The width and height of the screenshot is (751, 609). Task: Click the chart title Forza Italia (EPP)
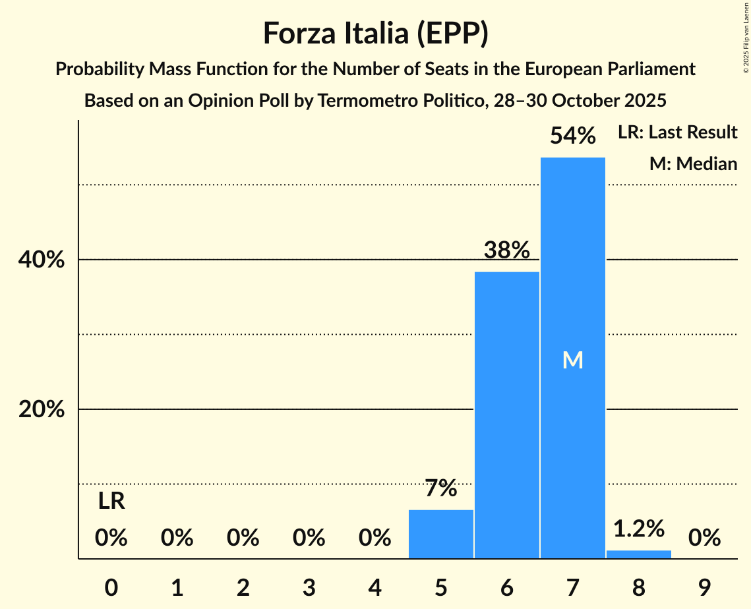(x=375, y=34)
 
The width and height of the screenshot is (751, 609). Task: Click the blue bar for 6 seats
(x=506, y=415)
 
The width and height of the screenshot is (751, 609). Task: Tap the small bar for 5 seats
(x=440, y=534)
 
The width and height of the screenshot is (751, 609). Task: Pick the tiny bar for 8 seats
(x=638, y=554)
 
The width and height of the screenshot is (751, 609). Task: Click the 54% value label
(x=572, y=136)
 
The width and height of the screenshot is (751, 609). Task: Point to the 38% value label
(x=506, y=250)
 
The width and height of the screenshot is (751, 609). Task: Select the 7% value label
(x=440, y=489)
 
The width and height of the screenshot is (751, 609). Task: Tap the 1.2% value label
(x=638, y=529)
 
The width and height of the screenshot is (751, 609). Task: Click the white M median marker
(x=572, y=361)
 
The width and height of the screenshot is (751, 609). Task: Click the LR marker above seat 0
(x=111, y=502)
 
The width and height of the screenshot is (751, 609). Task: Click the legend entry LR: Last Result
(x=677, y=132)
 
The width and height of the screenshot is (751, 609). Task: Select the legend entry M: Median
(x=693, y=163)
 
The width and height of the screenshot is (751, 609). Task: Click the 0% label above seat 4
(x=375, y=538)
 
